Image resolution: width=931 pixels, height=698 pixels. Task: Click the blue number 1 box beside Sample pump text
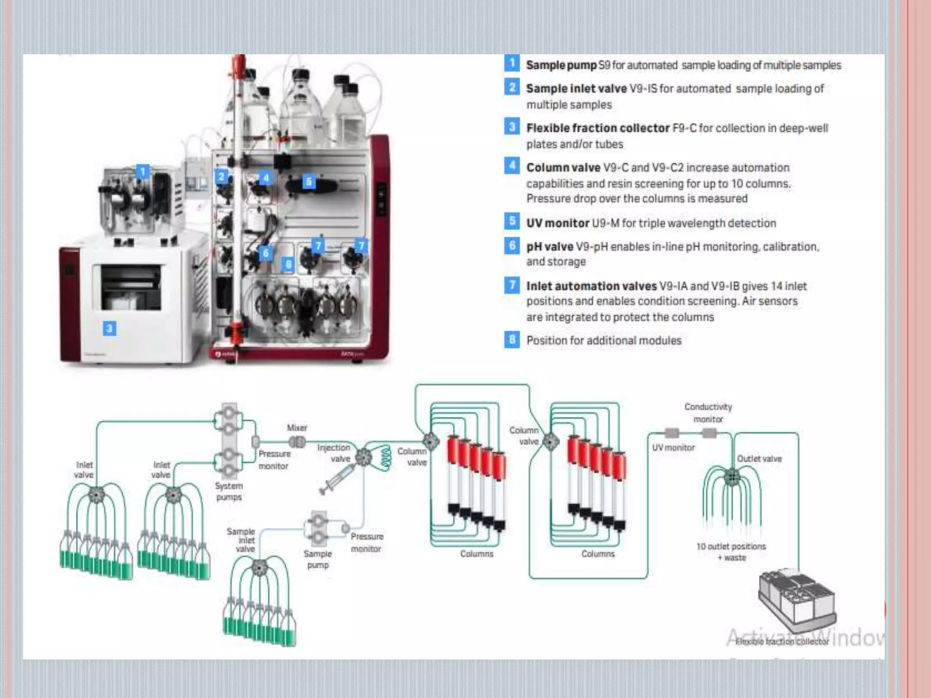click(x=512, y=63)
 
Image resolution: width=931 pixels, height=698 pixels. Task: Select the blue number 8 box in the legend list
click(x=512, y=339)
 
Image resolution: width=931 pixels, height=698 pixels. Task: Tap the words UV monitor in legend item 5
click(x=557, y=223)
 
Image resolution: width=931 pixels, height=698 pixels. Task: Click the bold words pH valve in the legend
click(x=549, y=247)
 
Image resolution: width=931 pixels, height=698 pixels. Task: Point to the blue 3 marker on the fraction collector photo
click(x=109, y=328)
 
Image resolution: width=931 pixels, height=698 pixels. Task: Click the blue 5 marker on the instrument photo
click(x=309, y=182)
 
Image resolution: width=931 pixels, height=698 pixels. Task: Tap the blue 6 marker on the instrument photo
click(x=266, y=253)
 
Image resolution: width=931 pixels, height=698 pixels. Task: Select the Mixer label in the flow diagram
click(x=297, y=428)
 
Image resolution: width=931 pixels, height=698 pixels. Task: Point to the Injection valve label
click(x=334, y=453)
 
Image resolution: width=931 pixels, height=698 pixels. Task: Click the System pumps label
click(x=229, y=491)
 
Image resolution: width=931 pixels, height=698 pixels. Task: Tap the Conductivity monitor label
click(x=708, y=413)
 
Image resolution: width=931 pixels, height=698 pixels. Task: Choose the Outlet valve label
click(x=759, y=459)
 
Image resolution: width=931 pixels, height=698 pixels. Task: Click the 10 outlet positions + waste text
click(x=731, y=552)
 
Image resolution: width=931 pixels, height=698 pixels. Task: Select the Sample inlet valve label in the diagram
click(x=242, y=540)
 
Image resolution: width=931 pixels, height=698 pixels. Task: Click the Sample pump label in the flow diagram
click(x=318, y=559)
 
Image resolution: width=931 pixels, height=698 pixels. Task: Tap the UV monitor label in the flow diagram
click(x=673, y=448)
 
